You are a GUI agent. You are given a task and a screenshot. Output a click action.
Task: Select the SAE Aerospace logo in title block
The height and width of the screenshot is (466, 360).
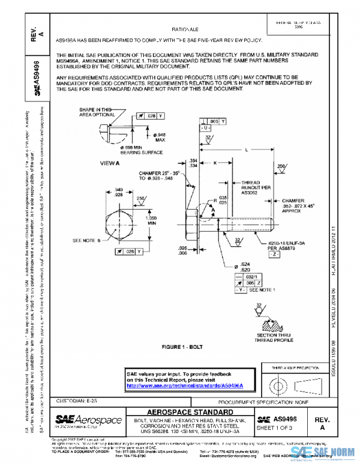[x=89, y=419]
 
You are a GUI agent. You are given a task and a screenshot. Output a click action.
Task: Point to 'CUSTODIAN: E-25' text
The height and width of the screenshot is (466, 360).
[x=79, y=399]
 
